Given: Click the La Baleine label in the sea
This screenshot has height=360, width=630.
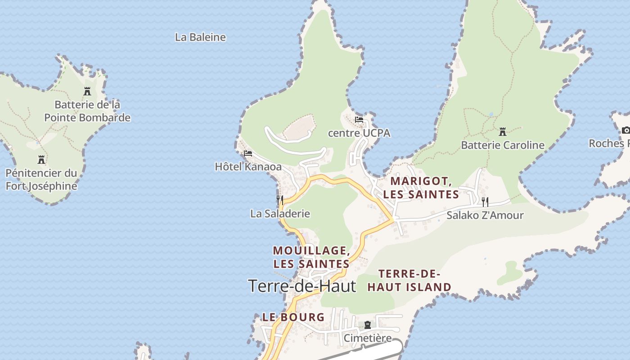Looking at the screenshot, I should pos(200,37).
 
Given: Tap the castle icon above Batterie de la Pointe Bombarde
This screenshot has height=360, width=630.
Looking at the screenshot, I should pos(87,91).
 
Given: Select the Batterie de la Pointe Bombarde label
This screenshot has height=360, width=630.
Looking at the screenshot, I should pos(87,111).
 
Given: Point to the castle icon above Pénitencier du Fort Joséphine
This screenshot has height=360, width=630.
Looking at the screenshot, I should pos(41,160).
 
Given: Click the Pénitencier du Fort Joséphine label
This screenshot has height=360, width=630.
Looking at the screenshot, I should pos(41,180).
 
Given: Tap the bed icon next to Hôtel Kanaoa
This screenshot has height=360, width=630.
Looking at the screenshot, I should pos(247,153).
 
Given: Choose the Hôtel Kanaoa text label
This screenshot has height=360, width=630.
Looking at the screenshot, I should pos(248,167).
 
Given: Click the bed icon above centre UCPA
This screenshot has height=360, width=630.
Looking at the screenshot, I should pos(359,120).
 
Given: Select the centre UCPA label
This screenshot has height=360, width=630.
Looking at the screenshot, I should pos(359,133).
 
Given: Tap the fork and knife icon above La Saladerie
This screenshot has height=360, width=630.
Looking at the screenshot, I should pos(280,200).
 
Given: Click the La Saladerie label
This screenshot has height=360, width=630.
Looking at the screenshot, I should pos(280,214).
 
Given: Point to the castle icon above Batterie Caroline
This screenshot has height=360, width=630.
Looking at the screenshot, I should pos(503,132).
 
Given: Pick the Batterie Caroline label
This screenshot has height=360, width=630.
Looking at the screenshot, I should pos(503,145).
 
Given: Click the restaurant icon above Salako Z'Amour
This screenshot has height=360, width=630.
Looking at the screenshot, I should pos(485,202).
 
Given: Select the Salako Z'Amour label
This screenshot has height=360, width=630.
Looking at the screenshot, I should pos(485,216).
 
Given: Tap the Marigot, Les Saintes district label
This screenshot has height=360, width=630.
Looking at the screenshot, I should pos(421,188).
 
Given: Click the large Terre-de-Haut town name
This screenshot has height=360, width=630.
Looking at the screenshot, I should pos(302,286).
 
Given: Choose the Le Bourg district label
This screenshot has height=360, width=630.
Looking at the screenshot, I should pos(293,317).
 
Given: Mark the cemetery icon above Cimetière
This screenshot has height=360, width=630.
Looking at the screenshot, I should pos(368,325).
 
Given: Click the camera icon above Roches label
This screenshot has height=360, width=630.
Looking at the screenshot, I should pos(625,130).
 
